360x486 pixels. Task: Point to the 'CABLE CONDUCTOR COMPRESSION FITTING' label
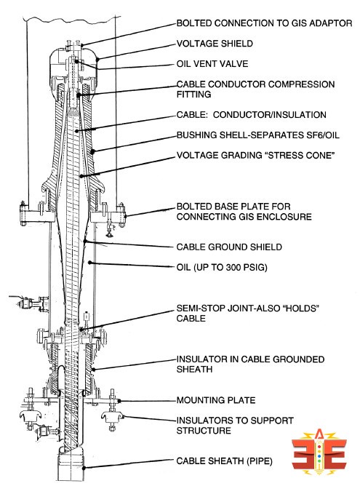255,89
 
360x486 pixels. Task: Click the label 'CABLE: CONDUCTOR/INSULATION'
251,115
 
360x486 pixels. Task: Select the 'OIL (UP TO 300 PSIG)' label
223,268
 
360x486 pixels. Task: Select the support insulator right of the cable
113,418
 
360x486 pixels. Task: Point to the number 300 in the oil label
239,268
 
